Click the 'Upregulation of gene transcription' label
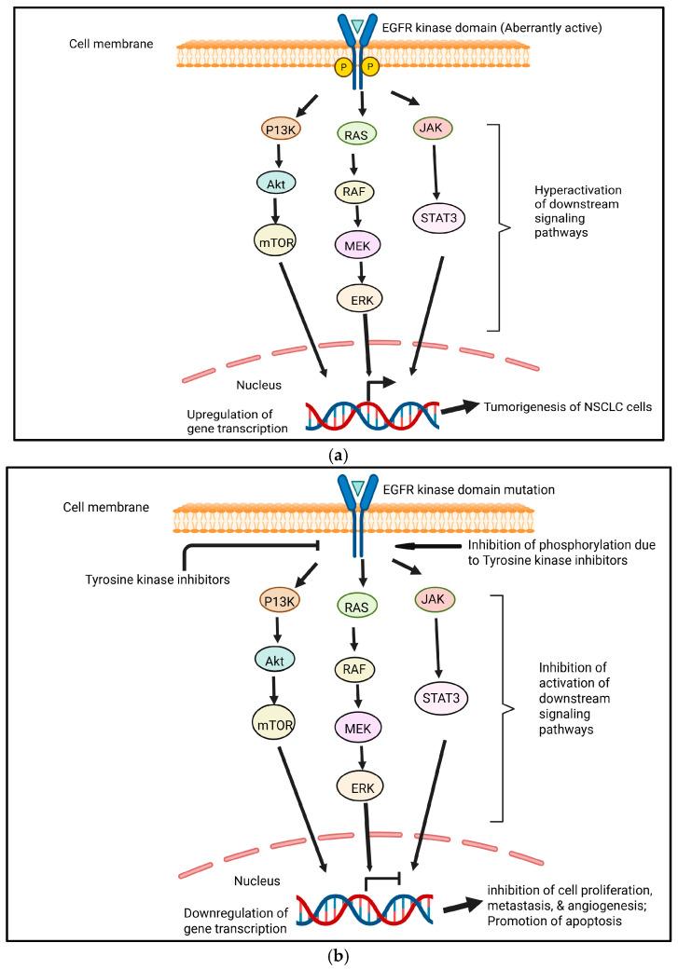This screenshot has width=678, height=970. coord(237,420)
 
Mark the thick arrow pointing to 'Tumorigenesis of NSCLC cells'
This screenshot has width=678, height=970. coord(454,407)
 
